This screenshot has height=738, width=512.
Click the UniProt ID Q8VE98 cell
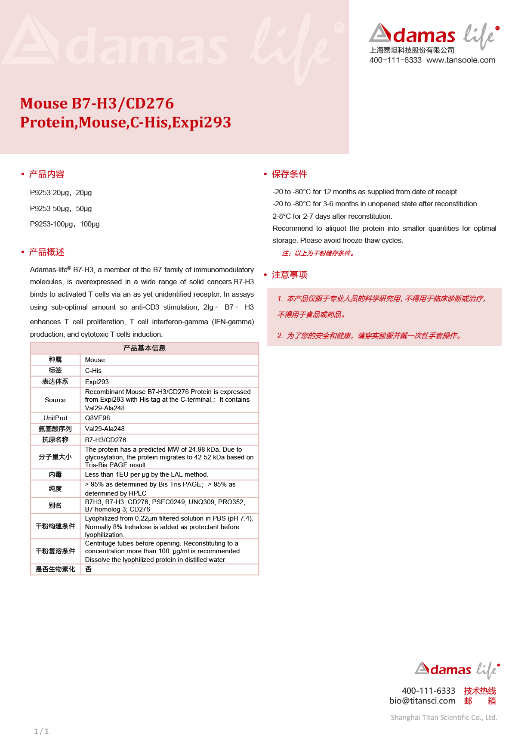point(97,418)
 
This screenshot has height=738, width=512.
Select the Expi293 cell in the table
point(97,382)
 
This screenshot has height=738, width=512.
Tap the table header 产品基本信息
point(145,348)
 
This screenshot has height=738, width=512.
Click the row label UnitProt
point(55,418)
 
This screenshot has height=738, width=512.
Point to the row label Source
point(55,400)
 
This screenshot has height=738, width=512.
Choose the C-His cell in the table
point(93,371)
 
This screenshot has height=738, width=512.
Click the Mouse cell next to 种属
point(95,360)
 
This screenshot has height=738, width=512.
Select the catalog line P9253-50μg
point(61,209)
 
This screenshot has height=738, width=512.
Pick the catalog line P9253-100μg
point(65,224)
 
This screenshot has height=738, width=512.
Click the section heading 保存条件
point(289,174)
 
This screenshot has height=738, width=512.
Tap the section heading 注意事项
point(289,275)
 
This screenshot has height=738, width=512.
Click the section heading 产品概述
point(46,252)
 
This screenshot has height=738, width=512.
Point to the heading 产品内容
point(46,174)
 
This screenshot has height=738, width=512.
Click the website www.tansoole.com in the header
point(461,60)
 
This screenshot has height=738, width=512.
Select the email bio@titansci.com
point(422,701)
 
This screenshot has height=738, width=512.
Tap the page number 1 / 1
point(41,731)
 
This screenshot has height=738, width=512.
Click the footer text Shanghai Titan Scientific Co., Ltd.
point(444,717)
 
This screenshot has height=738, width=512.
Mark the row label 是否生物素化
point(55,569)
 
